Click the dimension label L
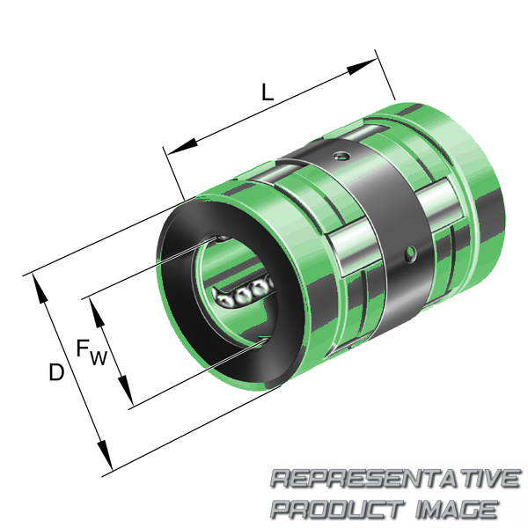click(x=268, y=92)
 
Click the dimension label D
click(x=56, y=371)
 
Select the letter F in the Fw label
click(x=82, y=348)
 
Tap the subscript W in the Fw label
click(x=99, y=358)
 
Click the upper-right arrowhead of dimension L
click(x=362, y=67)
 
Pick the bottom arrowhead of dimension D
click(x=105, y=454)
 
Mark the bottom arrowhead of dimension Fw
click(x=125, y=390)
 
